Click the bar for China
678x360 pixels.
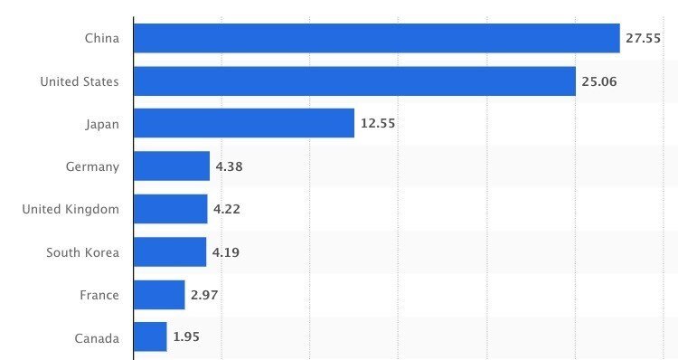click(x=376, y=38)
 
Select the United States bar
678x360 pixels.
click(x=354, y=81)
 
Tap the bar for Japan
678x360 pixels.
click(x=243, y=123)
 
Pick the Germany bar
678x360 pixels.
click(x=172, y=166)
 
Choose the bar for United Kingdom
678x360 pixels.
click(x=170, y=209)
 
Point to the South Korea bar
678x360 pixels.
click(x=170, y=251)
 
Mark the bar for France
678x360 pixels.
click(x=159, y=295)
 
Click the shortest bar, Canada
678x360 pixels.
click(x=150, y=337)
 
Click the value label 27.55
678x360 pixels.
click(x=644, y=39)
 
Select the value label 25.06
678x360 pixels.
click(x=599, y=81)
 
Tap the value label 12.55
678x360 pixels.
click(x=379, y=124)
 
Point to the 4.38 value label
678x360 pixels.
click(x=229, y=166)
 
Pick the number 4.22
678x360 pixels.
click(x=226, y=209)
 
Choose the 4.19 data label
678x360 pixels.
click(x=226, y=251)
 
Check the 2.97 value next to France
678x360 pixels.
click(x=204, y=295)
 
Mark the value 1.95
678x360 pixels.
click(x=186, y=337)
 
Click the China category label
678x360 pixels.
click(x=101, y=39)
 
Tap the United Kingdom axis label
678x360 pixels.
click(x=71, y=209)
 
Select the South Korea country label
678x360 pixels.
click(x=82, y=251)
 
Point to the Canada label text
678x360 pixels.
click(x=97, y=337)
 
